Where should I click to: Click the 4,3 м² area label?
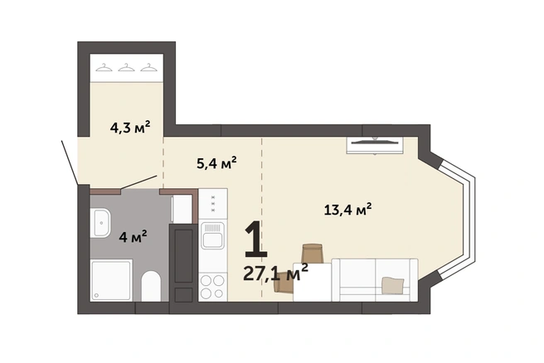point(130,128)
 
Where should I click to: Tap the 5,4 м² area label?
point(216,162)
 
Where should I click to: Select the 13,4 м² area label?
point(348,210)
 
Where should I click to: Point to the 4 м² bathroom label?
point(133,237)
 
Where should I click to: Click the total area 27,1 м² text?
point(275,273)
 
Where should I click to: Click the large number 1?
point(256,240)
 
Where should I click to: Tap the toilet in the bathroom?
point(151,286)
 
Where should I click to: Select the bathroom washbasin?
point(100,223)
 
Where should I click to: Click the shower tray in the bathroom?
point(111,280)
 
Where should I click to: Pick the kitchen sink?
point(212,236)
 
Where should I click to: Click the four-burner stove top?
point(212,287)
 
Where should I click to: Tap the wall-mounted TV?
point(375,145)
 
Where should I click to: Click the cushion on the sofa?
point(393,285)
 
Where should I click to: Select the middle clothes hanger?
point(126,67)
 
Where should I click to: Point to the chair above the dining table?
point(313,254)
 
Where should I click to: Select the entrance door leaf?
point(70,162)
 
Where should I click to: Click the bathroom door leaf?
point(138,182)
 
